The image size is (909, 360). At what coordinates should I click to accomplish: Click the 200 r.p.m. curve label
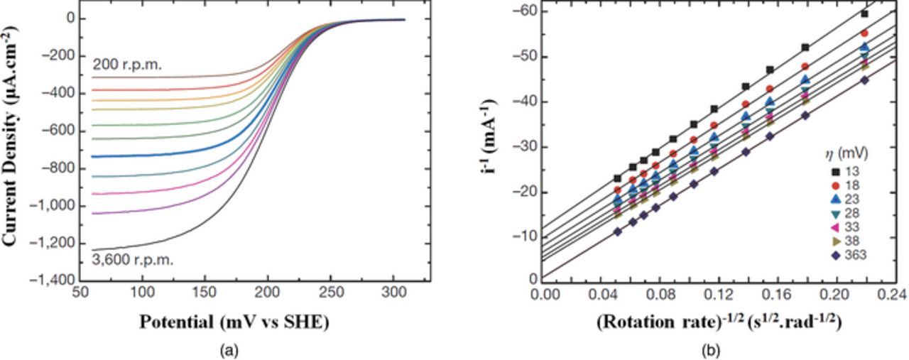click(127, 65)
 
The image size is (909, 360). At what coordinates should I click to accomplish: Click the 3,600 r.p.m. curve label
click(132, 260)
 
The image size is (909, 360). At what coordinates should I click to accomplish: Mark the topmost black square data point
click(864, 13)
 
